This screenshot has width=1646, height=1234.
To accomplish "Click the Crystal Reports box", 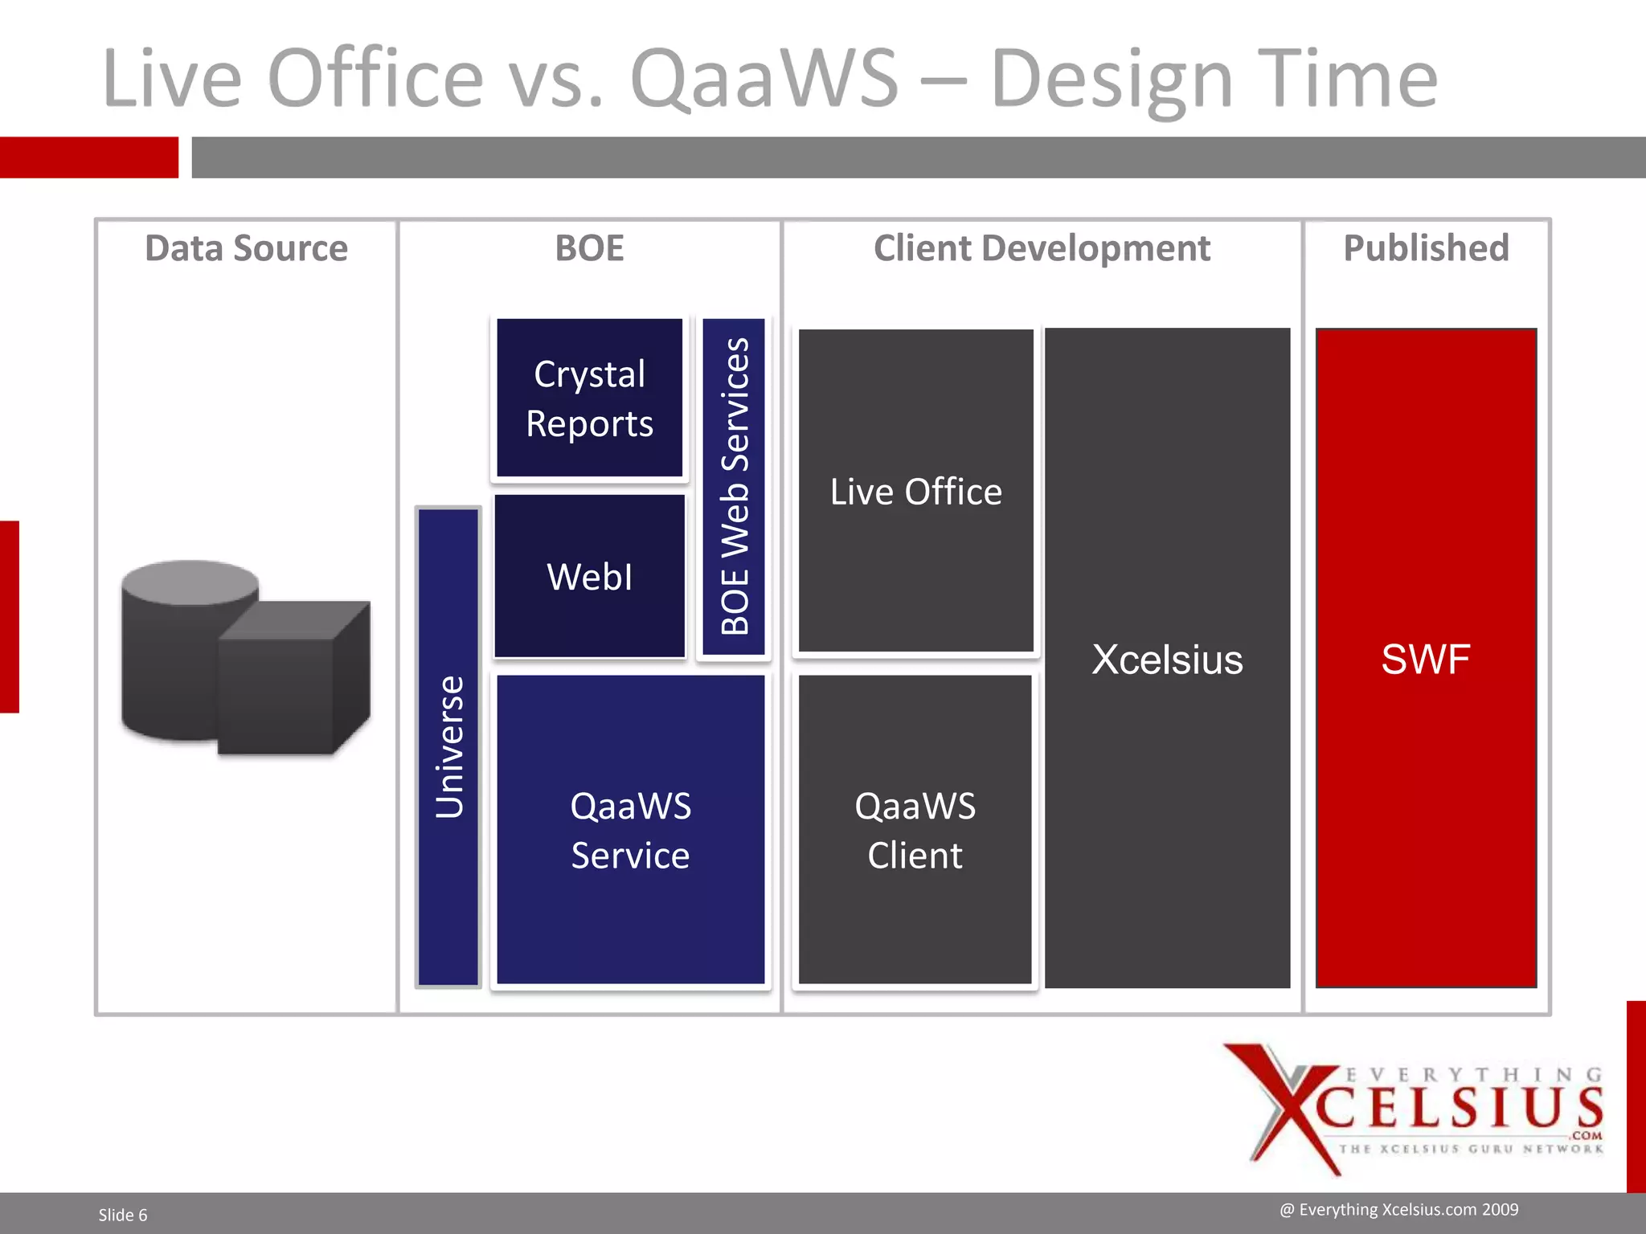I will coord(589,398).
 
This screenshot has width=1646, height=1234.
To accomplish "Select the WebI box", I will coord(589,576).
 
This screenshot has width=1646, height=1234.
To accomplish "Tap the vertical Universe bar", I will coord(448,746).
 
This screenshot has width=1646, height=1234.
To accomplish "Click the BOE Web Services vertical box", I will coord(734,486).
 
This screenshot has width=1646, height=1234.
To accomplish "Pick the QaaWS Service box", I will coord(630,829).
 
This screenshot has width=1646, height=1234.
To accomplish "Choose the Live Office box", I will coord(915,491).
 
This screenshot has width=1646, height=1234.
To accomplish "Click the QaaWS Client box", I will coord(915,829).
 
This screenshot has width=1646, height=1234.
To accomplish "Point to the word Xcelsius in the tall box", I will coord(1167,660).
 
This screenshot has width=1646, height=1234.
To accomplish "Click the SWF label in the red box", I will coord(1426,660).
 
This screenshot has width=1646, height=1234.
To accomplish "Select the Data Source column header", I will coord(246,248).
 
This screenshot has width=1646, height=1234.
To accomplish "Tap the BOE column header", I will coord(589,248).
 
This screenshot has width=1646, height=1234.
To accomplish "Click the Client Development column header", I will coord(1042,248).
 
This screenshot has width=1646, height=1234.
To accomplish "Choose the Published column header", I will coord(1426,248).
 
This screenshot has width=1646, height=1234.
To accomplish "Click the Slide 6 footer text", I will coord(123,1215).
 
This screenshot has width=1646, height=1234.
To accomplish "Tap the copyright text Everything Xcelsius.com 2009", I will coord(1398,1209).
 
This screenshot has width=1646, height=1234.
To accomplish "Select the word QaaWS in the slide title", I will coord(764,78).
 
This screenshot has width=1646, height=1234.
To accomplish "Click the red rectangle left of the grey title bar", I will coord(88,157).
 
